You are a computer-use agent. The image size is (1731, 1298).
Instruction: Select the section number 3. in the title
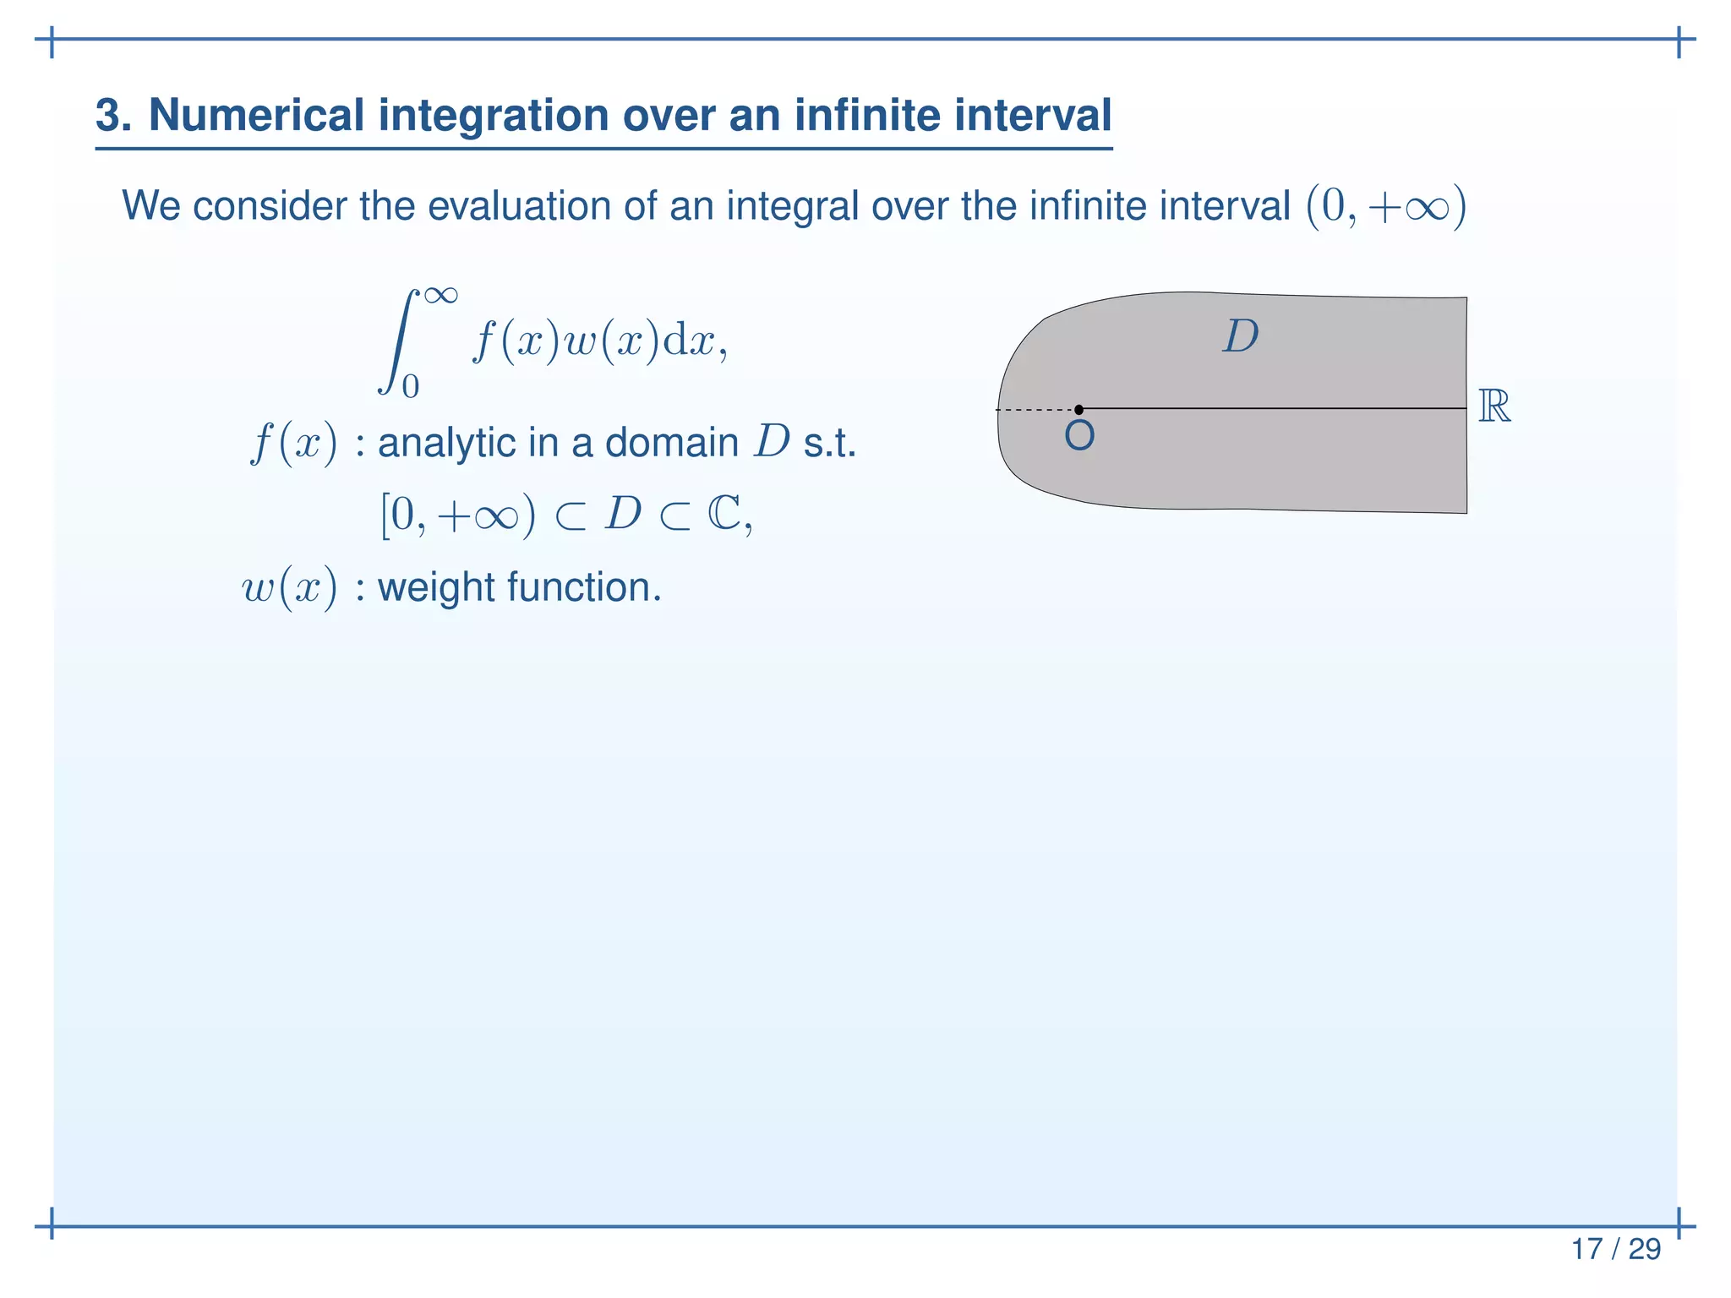[x=113, y=115]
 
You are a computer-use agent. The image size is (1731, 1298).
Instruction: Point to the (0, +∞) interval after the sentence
[x=1386, y=207]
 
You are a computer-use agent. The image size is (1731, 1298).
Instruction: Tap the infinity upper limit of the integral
[x=441, y=295]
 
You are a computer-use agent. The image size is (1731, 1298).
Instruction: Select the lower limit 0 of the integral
[x=411, y=386]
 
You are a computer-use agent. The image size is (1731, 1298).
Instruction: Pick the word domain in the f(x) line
[x=672, y=442]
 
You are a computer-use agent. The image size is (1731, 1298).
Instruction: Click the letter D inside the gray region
[x=1240, y=336]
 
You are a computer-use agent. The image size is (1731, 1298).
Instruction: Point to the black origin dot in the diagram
[x=1078, y=410]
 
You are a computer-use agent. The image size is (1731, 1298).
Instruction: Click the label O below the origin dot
[x=1079, y=436]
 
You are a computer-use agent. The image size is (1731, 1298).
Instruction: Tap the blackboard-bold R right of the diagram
[x=1494, y=406]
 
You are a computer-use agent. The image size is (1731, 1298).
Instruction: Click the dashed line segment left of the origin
[x=1035, y=410]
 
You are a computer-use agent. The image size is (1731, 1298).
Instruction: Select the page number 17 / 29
[x=1615, y=1248]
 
